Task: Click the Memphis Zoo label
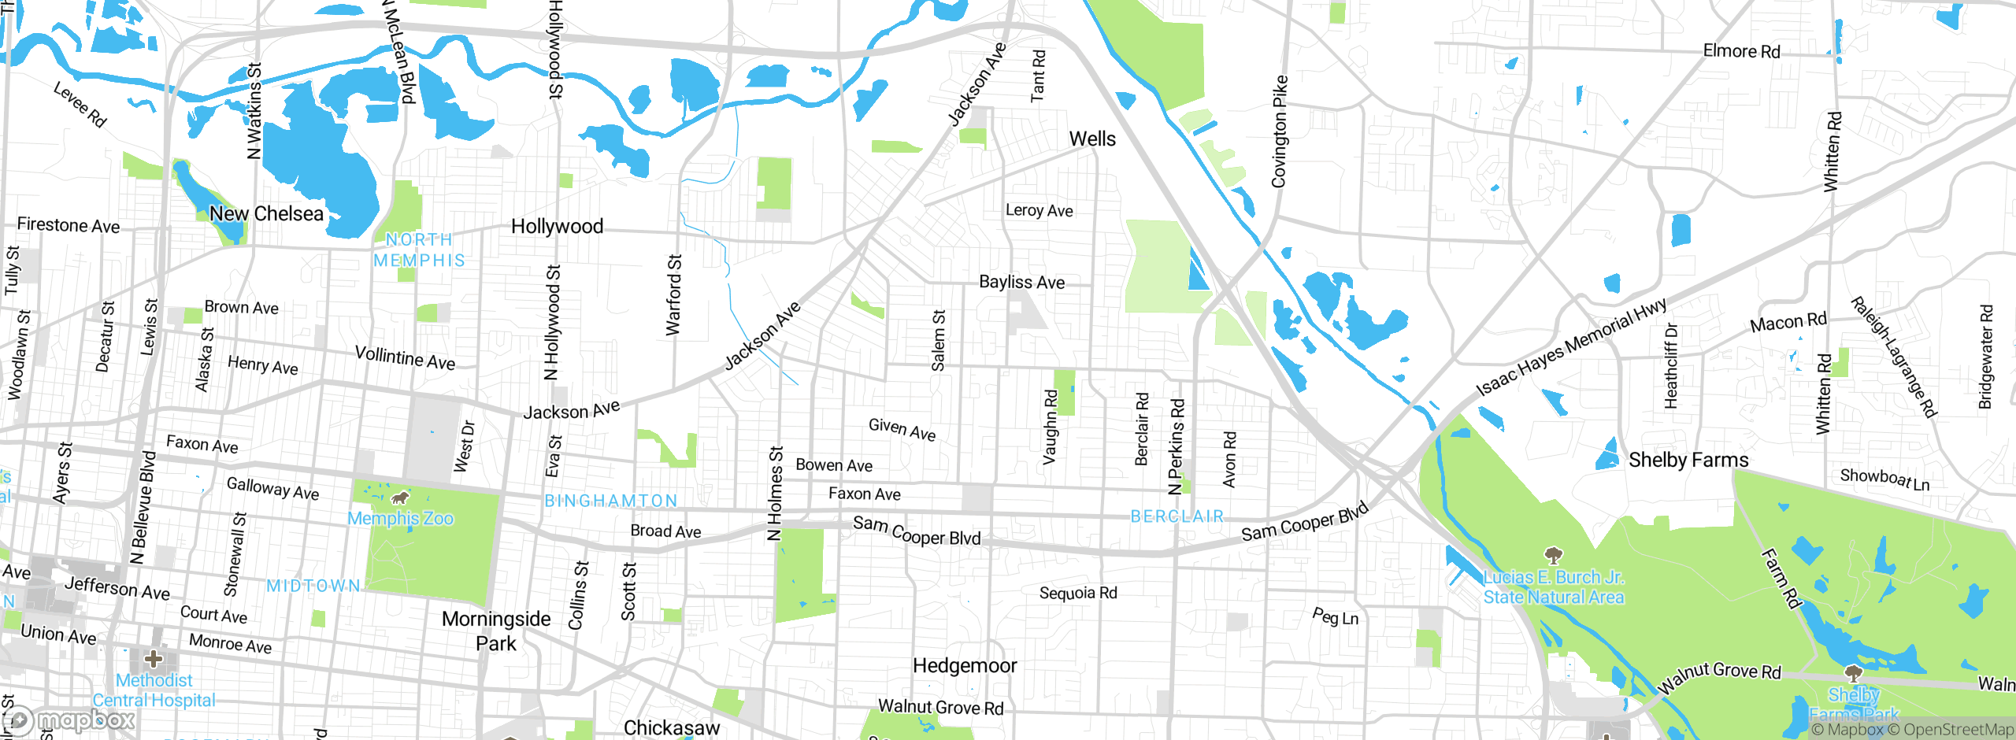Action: point(400,518)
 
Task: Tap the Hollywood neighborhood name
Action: point(557,227)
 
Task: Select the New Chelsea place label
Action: point(266,214)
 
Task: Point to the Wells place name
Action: point(1092,139)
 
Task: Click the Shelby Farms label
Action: point(1688,460)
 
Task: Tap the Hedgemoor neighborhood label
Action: point(965,666)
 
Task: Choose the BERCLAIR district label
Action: point(1177,516)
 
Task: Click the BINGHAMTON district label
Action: point(611,501)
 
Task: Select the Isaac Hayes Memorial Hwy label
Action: point(1571,346)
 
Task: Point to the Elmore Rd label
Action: point(1741,51)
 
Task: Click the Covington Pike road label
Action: point(1279,131)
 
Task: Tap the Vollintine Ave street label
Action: point(405,358)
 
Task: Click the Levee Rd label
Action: point(80,104)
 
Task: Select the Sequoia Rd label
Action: point(1078,593)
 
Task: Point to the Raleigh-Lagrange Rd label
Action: point(1893,357)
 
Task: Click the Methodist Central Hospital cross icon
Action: point(154,658)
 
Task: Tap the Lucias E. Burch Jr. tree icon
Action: point(1553,556)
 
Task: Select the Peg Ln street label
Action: point(1335,616)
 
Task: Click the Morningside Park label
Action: point(496,631)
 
